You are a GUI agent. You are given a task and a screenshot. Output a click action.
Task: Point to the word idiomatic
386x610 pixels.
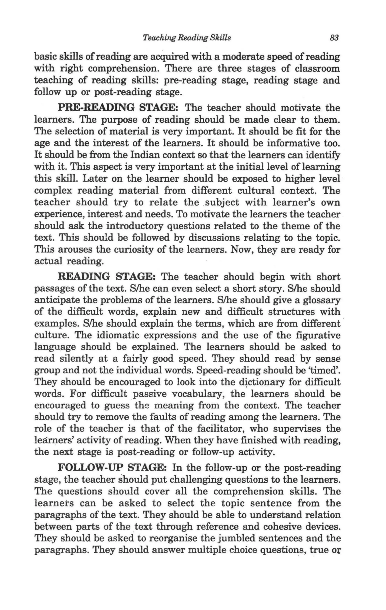point(117,335)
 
